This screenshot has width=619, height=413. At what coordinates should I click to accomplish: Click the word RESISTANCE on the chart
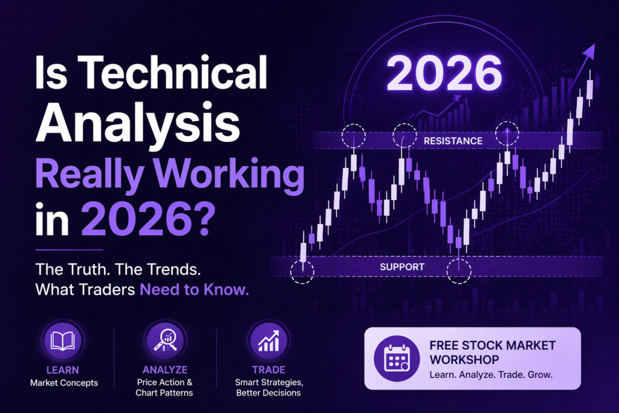[453, 141]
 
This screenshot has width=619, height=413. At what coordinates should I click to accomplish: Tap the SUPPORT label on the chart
[402, 267]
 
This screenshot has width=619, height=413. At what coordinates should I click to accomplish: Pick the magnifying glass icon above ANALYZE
[164, 342]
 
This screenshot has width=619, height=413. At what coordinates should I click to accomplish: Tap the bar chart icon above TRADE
[268, 342]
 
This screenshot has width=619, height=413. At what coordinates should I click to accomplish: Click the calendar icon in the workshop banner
[397, 359]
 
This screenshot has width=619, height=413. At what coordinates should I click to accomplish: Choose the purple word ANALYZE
[165, 370]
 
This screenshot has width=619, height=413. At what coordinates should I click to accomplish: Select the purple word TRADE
[268, 370]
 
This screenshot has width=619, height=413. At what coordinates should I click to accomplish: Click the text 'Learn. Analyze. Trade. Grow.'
[491, 375]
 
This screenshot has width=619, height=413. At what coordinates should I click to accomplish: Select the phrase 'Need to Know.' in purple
[194, 289]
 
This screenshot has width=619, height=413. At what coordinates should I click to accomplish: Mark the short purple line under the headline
[70, 249]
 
